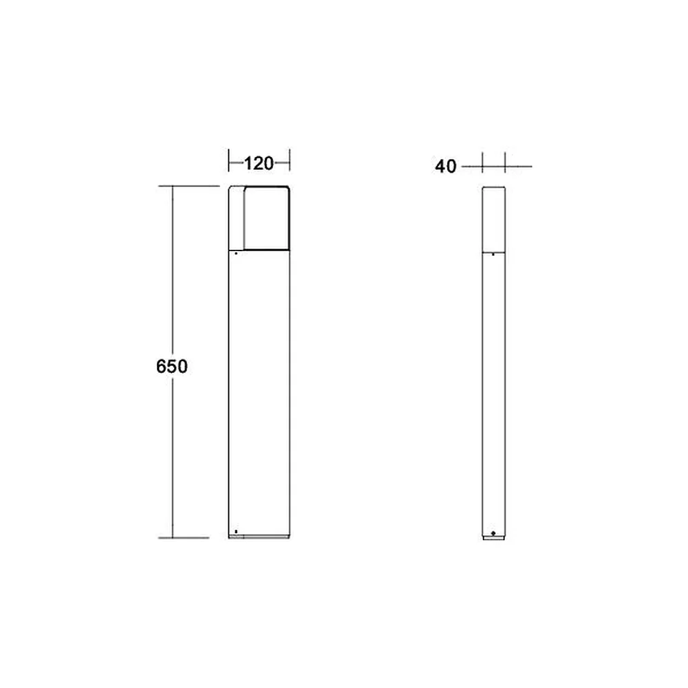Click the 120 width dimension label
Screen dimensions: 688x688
(x=259, y=163)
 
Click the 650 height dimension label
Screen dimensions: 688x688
(x=172, y=366)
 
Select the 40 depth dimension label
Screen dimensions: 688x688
(x=445, y=166)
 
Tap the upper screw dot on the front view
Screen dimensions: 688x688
(x=236, y=253)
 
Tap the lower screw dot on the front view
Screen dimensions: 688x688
(x=236, y=531)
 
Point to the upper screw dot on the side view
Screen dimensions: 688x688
(x=493, y=254)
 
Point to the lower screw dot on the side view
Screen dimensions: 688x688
(x=493, y=533)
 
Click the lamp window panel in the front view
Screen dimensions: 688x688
(x=267, y=218)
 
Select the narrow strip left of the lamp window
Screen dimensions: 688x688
(x=236, y=218)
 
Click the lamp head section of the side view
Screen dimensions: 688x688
(x=493, y=219)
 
